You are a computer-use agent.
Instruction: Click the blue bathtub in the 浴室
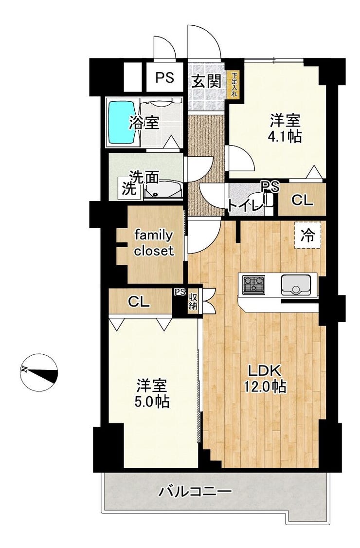point(122,122)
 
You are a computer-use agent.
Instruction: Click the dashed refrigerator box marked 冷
point(307,236)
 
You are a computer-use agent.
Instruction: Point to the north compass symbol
point(38,373)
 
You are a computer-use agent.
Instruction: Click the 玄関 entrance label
point(207,82)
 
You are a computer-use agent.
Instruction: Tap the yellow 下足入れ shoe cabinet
point(234,85)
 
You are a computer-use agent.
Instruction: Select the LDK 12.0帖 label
point(265,378)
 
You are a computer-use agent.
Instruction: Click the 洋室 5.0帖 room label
point(152,394)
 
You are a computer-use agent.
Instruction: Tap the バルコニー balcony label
point(195,492)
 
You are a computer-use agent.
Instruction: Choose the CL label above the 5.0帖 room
point(139,302)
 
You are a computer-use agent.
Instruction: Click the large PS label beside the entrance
point(164,77)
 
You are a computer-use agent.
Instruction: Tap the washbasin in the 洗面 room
point(163,189)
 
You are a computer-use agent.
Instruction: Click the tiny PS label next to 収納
point(180,292)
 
